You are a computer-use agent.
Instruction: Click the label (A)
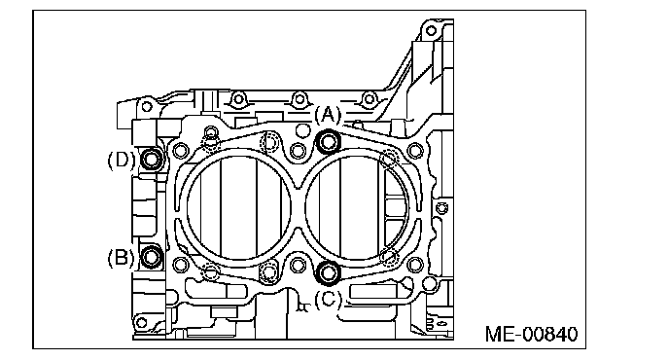coord(328,115)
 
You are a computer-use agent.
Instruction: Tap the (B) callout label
coord(121,258)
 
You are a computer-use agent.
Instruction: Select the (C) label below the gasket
coord(328,299)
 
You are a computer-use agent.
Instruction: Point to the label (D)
coord(122,160)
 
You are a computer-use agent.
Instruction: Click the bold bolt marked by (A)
coord(329,141)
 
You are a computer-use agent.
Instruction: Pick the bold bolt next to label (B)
coord(151,257)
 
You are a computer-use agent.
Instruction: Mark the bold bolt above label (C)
coord(329,272)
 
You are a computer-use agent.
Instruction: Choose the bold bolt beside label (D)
coord(151,159)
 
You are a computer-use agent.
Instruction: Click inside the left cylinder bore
coord(239,207)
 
